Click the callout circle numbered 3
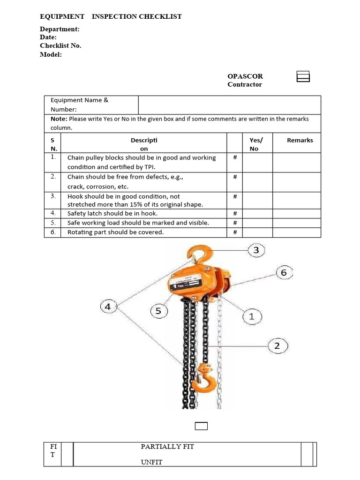(256, 250)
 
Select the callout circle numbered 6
(284, 272)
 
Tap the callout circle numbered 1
(251, 317)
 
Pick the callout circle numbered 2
(277, 346)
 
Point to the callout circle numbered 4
(108, 307)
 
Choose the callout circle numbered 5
(159, 311)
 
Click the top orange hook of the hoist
(197, 256)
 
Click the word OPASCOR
(245, 76)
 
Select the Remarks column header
(300, 140)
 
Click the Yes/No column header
(256, 144)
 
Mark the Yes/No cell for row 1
(257, 162)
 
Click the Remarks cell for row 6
(297, 232)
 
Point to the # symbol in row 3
(235, 196)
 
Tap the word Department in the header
(59, 29)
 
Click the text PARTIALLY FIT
(167, 447)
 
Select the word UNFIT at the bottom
(151, 462)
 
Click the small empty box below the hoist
(201, 426)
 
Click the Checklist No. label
(60, 45)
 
